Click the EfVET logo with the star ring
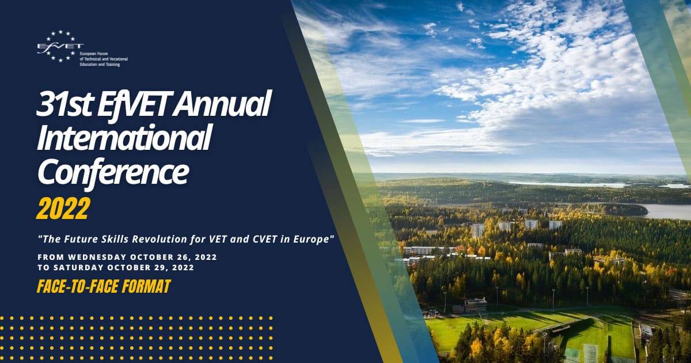(x=60, y=46)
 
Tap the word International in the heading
(x=124, y=137)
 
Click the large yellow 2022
(x=63, y=209)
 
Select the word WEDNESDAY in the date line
(x=97, y=257)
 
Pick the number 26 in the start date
(x=184, y=257)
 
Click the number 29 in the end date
(x=161, y=267)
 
